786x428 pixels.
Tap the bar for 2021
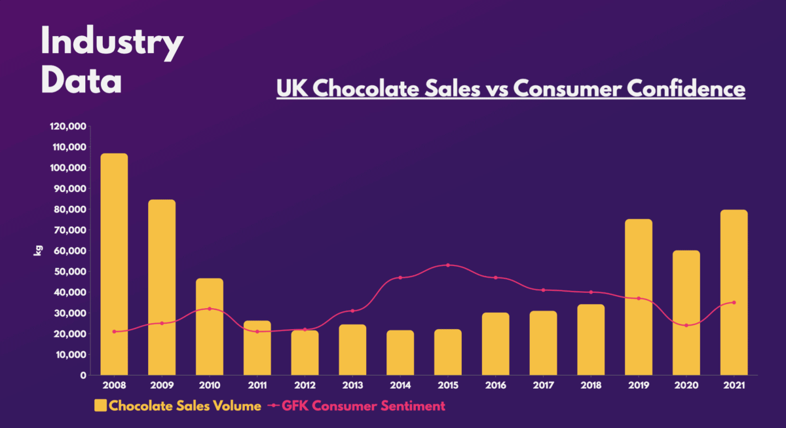tap(734, 292)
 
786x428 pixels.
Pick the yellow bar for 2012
tap(305, 353)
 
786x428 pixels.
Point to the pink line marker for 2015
tap(448, 265)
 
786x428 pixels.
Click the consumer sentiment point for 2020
tap(686, 325)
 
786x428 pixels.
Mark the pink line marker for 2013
tap(352, 311)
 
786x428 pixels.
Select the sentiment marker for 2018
tap(591, 292)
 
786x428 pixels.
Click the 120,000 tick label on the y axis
tap(69, 126)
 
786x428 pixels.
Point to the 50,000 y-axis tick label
tap(71, 271)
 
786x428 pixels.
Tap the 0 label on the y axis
tap(83, 376)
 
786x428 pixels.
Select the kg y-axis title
tap(38, 250)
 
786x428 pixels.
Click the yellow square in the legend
tap(100, 406)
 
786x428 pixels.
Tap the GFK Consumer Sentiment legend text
tap(364, 406)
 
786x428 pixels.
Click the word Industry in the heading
tap(112, 43)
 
